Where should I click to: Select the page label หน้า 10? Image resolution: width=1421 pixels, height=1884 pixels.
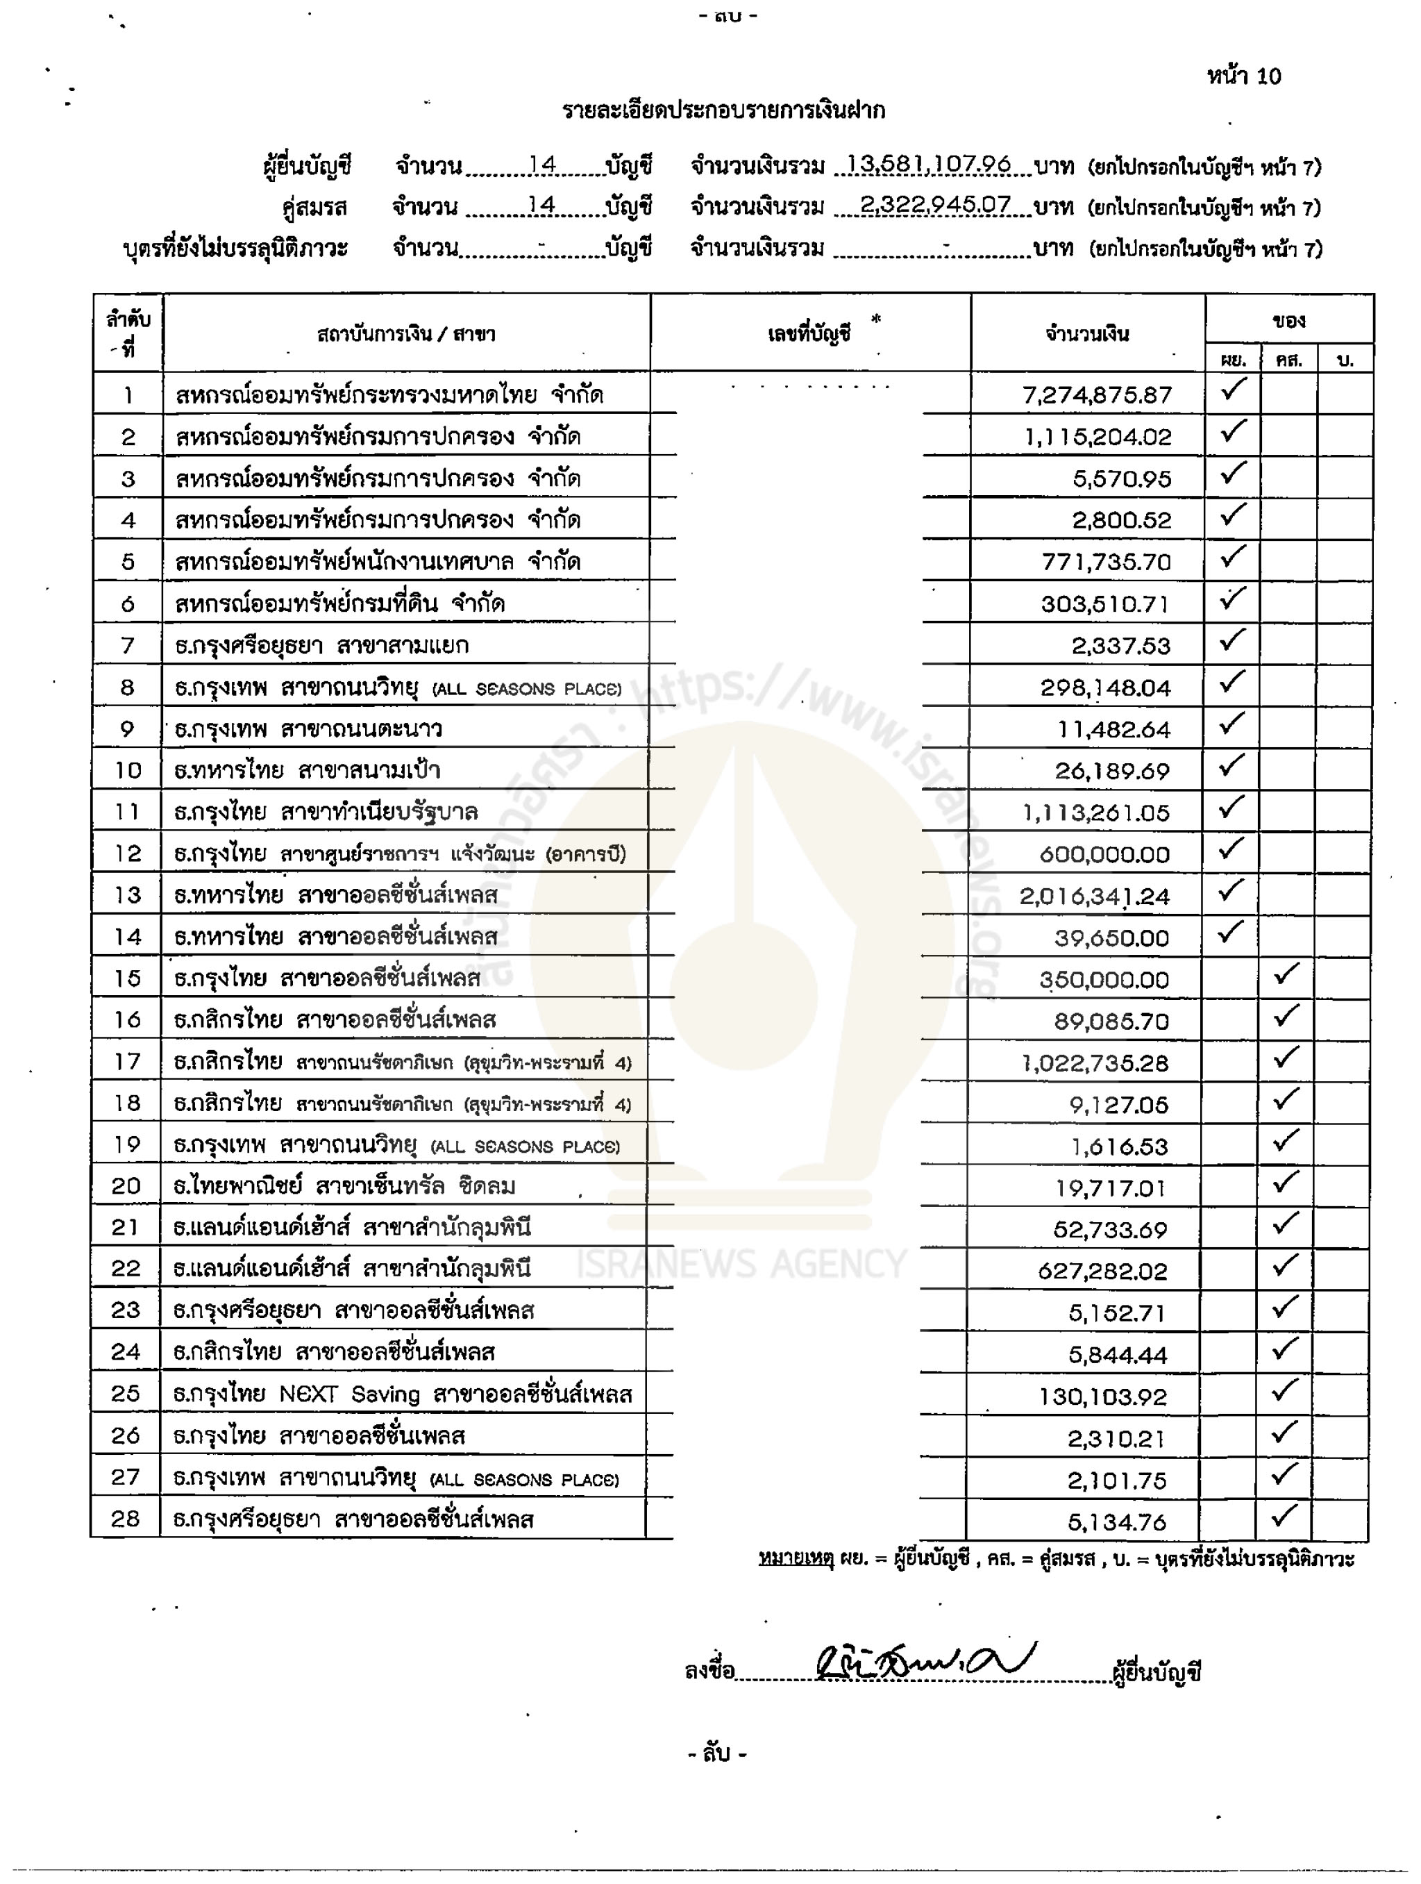coord(1243,76)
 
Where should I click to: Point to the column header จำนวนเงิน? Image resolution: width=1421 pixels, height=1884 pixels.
coord(1087,334)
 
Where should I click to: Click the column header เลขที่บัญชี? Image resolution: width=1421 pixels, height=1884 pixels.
coord(809,334)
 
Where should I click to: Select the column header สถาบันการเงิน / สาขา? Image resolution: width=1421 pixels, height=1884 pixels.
coord(406,334)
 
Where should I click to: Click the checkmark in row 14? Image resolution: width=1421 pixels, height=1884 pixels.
coord(1231,932)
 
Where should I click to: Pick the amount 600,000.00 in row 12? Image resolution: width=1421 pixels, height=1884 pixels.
coord(1104,854)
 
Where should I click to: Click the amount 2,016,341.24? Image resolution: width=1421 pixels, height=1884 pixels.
coord(1094,896)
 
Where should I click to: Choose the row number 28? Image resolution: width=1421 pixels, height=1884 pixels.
coord(125,1519)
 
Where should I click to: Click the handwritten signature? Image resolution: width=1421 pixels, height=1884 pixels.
coord(924,1662)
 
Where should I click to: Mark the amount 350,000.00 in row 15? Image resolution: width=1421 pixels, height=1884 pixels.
coord(1104,979)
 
